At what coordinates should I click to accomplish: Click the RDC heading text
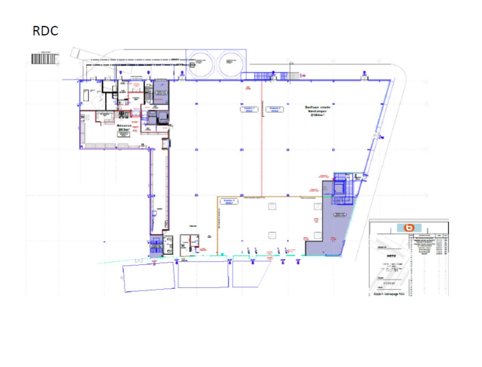[46, 30]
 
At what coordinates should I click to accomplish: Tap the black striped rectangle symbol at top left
[43, 58]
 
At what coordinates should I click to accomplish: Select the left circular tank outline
[200, 62]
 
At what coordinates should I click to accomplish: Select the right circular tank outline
[230, 62]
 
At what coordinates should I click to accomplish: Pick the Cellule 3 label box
[229, 202]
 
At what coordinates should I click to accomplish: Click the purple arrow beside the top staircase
[303, 76]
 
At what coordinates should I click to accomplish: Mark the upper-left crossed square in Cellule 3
[272, 206]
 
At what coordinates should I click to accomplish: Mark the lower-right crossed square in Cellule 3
[317, 236]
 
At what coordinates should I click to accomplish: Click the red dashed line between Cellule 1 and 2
[262, 151]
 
